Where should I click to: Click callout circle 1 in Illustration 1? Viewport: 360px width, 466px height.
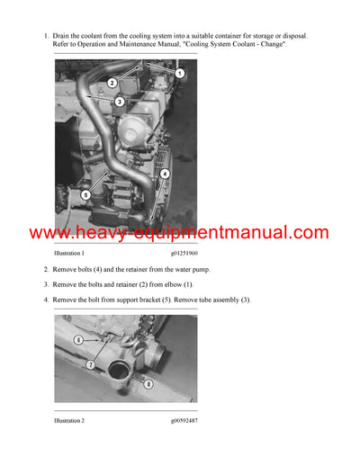tap(179, 73)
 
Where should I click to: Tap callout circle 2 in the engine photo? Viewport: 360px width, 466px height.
tap(112, 83)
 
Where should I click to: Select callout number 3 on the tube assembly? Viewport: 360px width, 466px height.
tap(119, 102)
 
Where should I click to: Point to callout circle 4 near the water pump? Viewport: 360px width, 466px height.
tap(165, 174)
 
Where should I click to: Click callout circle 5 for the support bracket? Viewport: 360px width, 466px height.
tap(85, 193)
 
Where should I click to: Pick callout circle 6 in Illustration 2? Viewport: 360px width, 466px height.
tap(78, 340)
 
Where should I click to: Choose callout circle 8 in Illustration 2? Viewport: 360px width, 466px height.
tap(147, 383)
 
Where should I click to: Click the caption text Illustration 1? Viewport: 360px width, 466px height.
tap(75, 255)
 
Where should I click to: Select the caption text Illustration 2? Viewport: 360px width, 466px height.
tap(75, 420)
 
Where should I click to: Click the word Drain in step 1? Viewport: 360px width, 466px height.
tap(63, 36)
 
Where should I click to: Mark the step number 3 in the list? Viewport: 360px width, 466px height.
tap(47, 284)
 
